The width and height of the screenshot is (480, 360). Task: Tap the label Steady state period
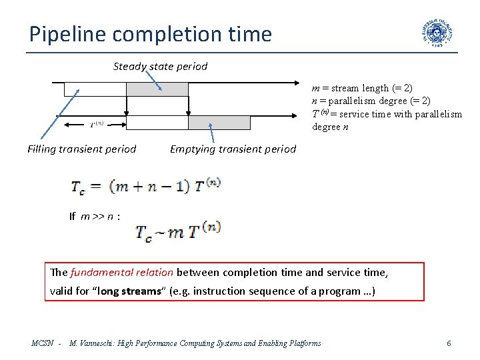pos(160,67)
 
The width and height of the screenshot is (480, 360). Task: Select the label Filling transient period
pos(82,149)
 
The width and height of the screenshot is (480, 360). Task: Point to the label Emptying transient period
pos(233,149)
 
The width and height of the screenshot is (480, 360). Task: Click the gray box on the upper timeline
pos(157,89)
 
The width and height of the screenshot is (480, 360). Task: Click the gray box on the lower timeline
pos(219,123)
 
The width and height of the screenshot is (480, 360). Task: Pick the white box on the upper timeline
pos(95,89)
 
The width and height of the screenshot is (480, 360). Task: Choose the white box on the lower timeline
pos(157,123)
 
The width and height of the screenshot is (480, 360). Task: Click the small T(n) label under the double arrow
pos(96,123)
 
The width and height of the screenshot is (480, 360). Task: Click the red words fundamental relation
pos(122,272)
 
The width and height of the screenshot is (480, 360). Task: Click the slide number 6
pos(449,343)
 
